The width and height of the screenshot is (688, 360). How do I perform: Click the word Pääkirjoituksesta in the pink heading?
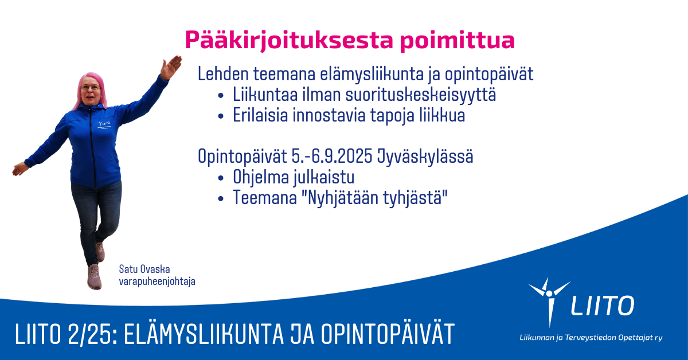(289, 40)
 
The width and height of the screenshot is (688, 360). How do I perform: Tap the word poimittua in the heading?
(458, 41)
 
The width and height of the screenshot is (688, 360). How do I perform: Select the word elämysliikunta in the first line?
(372, 75)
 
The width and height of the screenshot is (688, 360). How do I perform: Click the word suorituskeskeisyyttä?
(421, 95)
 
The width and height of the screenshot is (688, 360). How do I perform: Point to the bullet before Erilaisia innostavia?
(221, 116)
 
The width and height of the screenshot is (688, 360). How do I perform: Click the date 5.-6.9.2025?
(332, 156)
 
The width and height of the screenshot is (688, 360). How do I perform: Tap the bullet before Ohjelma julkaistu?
(221, 178)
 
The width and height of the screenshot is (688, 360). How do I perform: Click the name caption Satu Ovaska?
(144, 269)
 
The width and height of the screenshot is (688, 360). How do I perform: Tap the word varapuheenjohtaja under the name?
(157, 281)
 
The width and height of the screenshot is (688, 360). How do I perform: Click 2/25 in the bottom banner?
(92, 334)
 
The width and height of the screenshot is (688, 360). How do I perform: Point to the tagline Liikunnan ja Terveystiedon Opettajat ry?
(591, 338)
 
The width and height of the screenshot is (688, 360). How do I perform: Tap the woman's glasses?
(91, 88)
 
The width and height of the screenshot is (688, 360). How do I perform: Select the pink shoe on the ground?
(94, 277)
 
